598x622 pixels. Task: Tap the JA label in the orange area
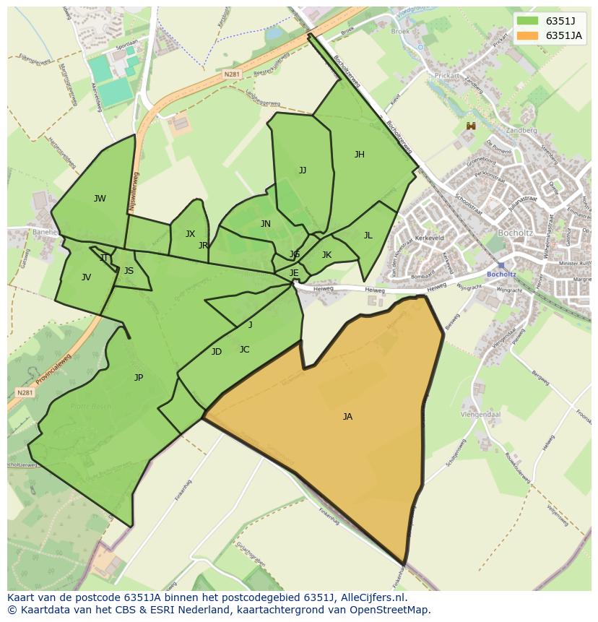pyautogui.click(x=347, y=417)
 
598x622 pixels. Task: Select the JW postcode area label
pyautogui.click(x=100, y=199)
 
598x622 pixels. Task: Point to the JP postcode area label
pyautogui.click(x=139, y=378)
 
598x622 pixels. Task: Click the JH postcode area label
pyautogui.click(x=359, y=155)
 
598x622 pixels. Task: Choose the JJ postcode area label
pyautogui.click(x=303, y=170)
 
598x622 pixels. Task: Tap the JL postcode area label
pyautogui.click(x=368, y=236)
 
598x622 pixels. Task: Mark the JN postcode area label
pyautogui.click(x=266, y=224)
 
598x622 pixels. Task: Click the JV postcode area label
pyautogui.click(x=86, y=277)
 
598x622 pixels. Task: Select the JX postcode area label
pyautogui.click(x=190, y=234)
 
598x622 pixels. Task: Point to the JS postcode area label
pyautogui.click(x=129, y=272)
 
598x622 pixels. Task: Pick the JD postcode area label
pyautogui.click(x=217, y=352)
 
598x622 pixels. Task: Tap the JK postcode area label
pyautogui.click(x=326, y=255)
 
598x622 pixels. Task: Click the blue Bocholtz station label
pyautogui.click(x=501, y=275)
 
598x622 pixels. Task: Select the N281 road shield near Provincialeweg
pyautogui.click(x=25, y=393)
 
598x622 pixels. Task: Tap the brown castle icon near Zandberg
pyautogui.click(x=471, y=126)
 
